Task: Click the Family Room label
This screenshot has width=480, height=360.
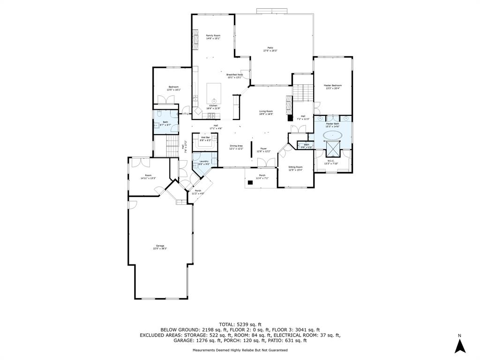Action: click(x=213, y=36)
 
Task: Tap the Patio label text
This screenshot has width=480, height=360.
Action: click(x=270, y=48)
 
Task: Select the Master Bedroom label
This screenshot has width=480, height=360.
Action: click(x=333, y=85)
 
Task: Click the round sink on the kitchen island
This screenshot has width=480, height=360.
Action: click(x=214, y=100)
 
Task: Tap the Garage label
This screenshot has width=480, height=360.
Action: click(x=160, y=246)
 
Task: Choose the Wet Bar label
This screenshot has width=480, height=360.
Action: click(x=205, y=137)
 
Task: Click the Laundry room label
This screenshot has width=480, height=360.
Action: click(x=203, y=161)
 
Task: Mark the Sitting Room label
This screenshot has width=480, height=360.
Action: click(x=295, y=167)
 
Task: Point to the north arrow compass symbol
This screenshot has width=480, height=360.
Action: click(x=460, y=345)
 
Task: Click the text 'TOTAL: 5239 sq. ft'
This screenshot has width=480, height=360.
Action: click(x=240, y=324)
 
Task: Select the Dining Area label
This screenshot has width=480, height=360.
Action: click(x=236, y=146)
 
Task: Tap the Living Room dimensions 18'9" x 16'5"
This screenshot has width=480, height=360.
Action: click(x=266, y=114)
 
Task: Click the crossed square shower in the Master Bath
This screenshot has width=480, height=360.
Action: click(x=333, y=150)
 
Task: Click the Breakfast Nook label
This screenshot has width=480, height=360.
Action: click(x=234, y=75)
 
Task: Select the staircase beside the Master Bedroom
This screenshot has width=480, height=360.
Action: click(x=303, y=92)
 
